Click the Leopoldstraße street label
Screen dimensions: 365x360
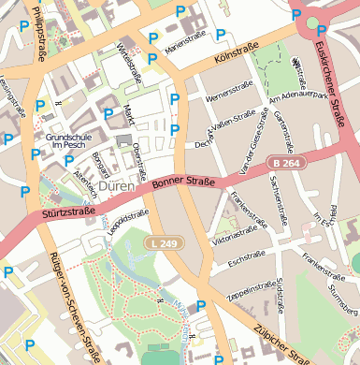click(x=127, y=221)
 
